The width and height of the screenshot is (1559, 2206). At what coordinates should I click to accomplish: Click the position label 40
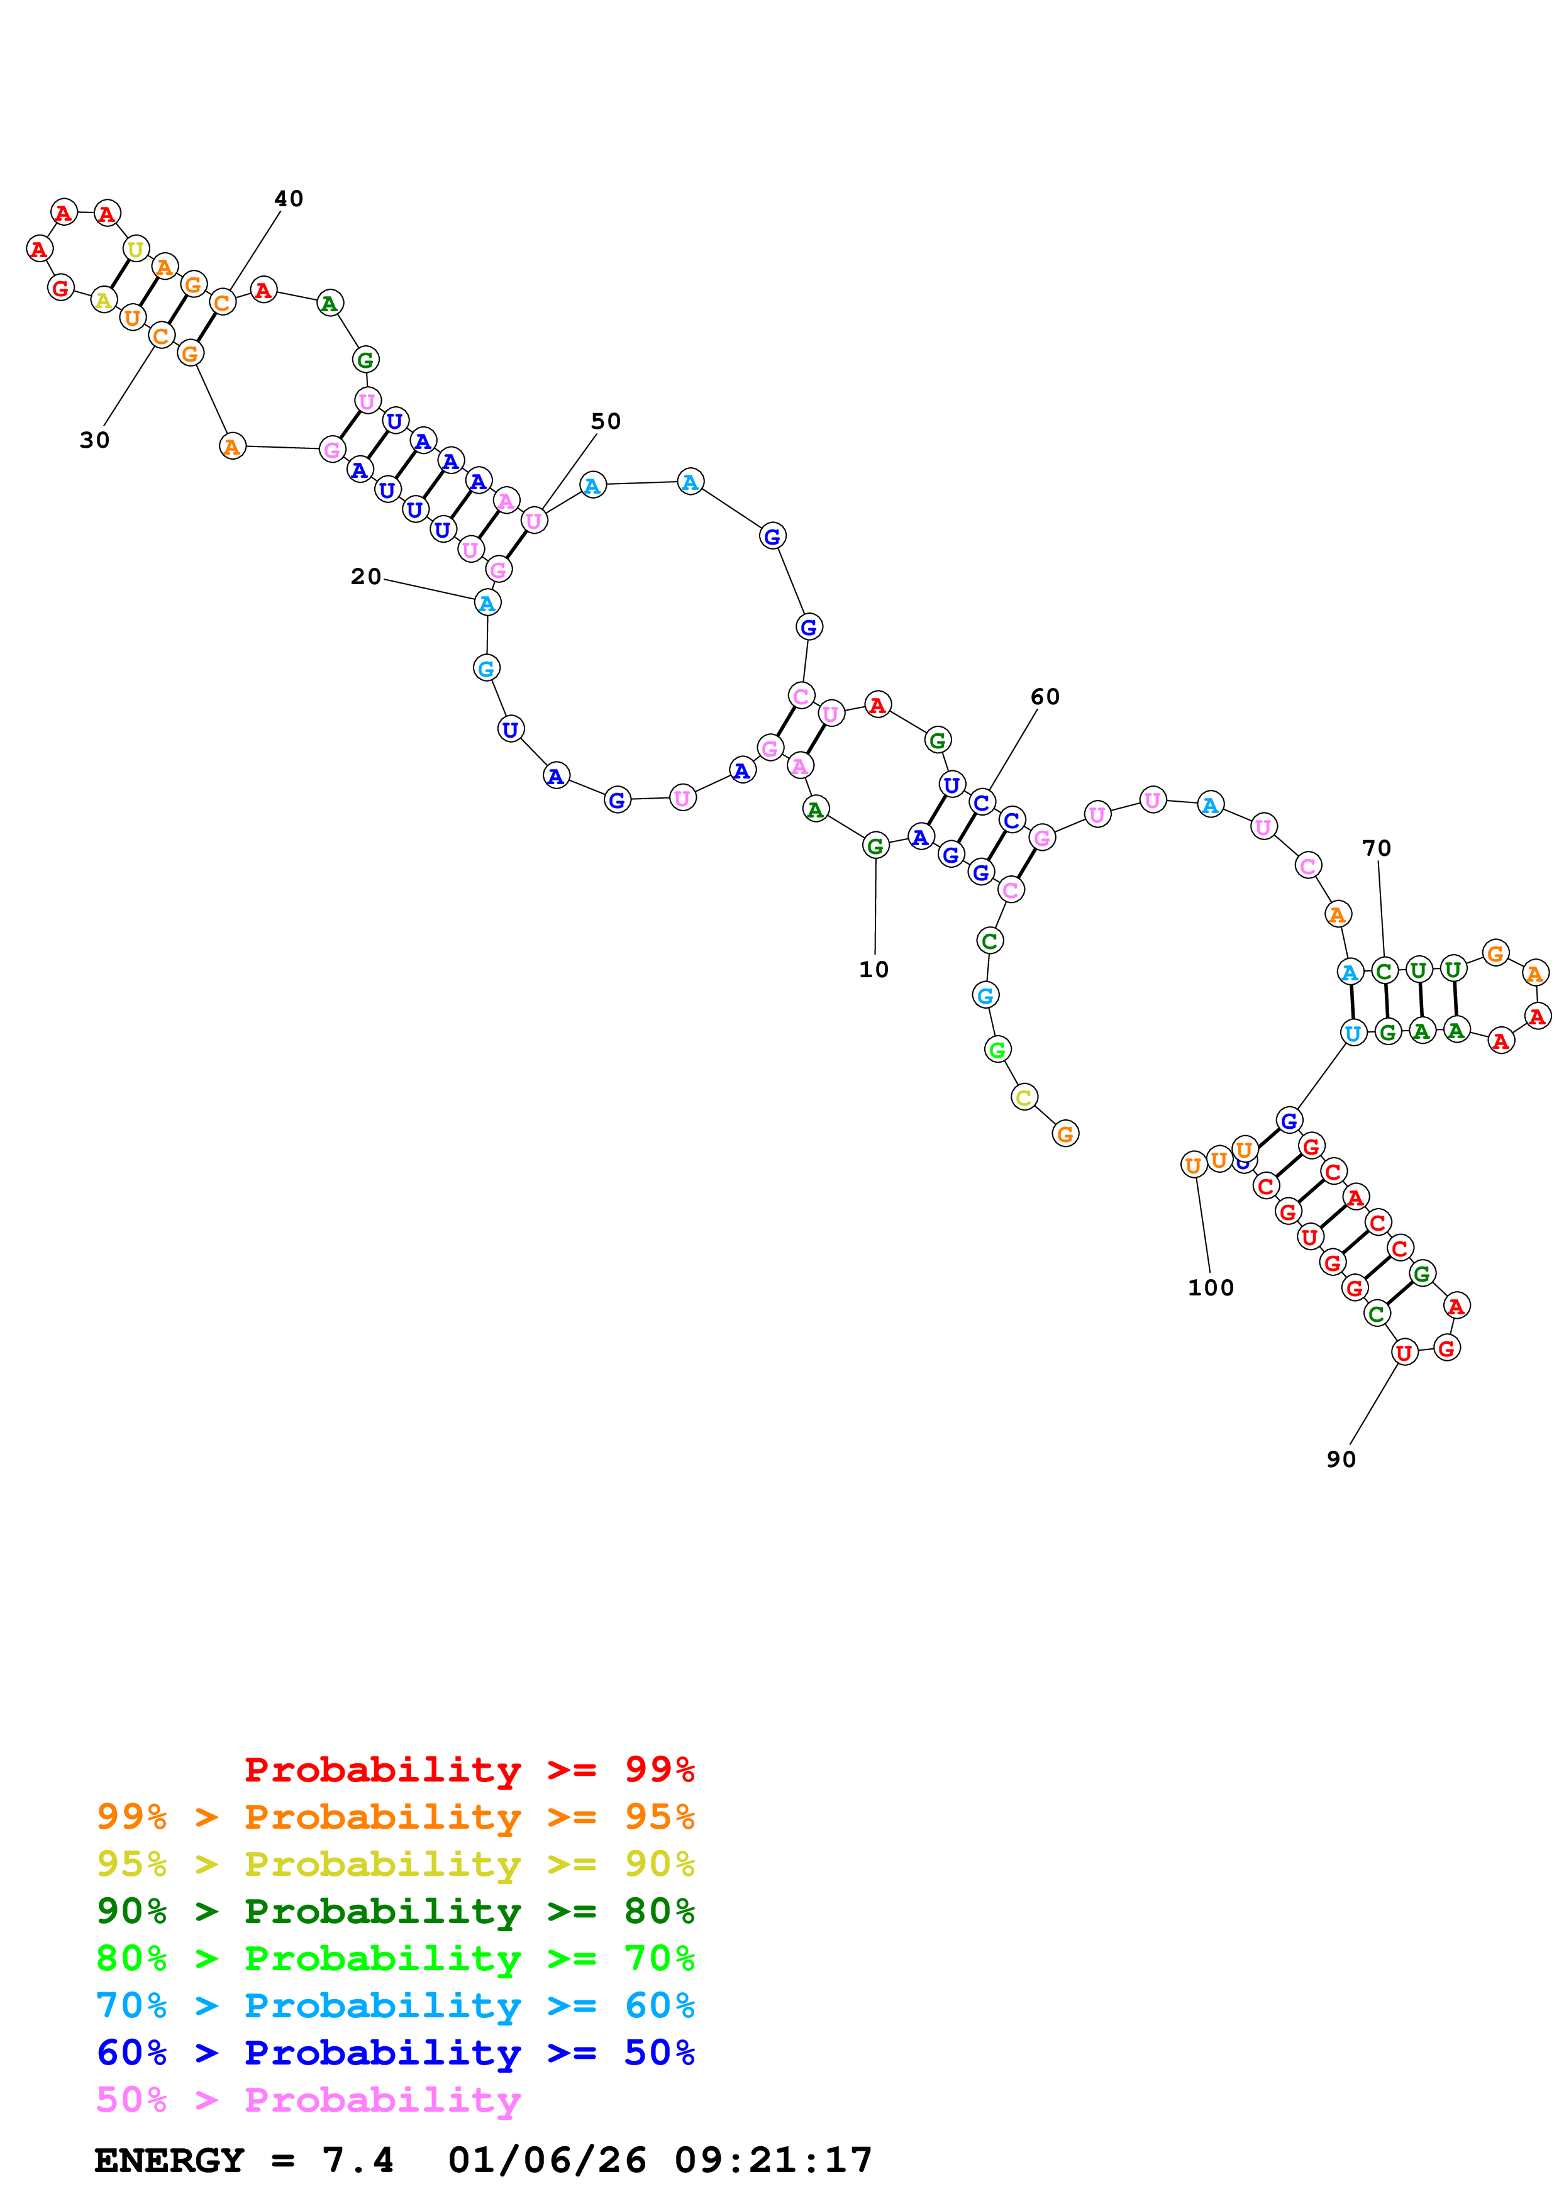click(288, 199)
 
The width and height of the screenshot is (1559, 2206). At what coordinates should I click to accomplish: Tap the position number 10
click(873, 970)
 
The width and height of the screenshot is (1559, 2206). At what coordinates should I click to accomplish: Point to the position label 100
click(1211, 1287)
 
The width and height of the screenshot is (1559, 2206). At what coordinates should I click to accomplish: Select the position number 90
click(1341, 1460)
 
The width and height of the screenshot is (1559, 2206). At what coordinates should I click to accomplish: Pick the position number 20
click(365, 577)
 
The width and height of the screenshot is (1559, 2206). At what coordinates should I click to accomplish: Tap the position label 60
click(1045, 697)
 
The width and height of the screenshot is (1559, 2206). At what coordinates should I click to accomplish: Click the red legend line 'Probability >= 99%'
click(469, 1769)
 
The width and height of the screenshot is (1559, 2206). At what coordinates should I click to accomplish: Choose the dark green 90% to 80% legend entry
click(395, 1911)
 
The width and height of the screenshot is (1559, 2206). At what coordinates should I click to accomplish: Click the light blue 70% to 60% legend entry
click(395, 2005)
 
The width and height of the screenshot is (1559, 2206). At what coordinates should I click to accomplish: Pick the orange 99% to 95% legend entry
click(395, 1817)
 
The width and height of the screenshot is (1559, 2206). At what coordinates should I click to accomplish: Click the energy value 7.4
click(357, 2160)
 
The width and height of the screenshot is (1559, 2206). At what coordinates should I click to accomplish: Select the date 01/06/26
click(546, 2160)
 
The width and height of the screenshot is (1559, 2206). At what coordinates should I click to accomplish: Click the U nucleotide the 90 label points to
click(1404, 1352)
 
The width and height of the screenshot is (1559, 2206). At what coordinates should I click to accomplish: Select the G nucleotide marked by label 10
click(875, 846)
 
